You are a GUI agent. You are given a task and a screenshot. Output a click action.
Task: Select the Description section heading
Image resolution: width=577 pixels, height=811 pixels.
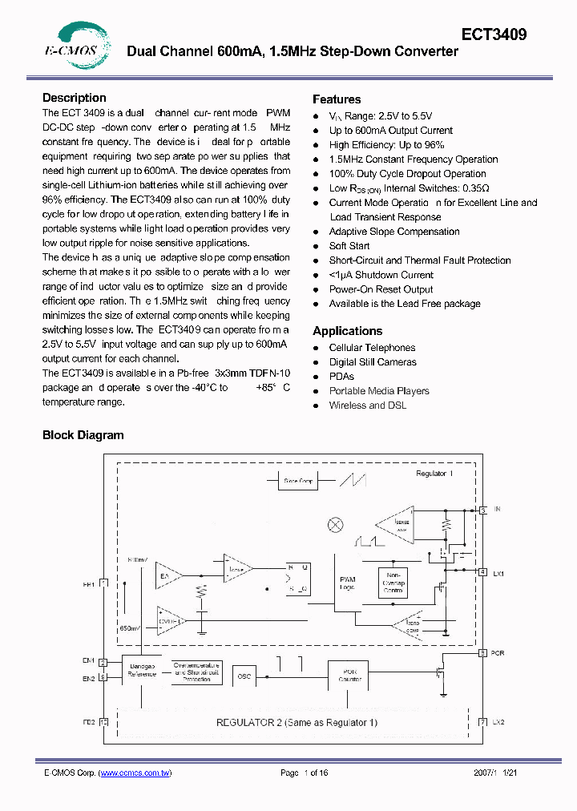tap(74, 98)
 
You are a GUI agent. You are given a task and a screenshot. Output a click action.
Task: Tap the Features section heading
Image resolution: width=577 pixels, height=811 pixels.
tap(337, 99)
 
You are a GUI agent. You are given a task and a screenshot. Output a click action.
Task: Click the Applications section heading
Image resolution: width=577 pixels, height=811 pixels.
tap(347, 331)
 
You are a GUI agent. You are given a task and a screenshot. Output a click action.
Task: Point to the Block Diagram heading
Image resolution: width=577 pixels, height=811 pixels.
tap(83, 435)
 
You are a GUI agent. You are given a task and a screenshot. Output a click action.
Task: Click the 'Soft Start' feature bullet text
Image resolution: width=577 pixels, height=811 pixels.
tap(349, 246)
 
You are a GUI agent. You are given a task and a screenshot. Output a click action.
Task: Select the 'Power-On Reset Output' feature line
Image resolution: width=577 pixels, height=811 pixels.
tap(381, 289)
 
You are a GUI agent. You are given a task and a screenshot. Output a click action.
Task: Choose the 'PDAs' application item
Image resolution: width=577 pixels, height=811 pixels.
tap(341, 377)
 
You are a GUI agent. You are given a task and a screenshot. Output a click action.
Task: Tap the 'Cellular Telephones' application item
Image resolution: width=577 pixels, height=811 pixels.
tap(372, 348)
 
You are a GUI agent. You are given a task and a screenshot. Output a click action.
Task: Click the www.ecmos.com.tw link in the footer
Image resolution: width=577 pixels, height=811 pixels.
tap(135, 773)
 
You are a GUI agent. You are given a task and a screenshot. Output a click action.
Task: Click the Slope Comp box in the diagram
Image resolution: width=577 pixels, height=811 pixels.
tap(298, 481)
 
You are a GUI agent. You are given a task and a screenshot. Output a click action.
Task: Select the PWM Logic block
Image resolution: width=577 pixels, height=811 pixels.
tap(347, 583)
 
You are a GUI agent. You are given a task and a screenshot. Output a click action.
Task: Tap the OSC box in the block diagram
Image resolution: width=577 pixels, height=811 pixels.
tap(244, 676)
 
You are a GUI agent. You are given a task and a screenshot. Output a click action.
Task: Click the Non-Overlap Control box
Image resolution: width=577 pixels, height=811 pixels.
tap(393, 583)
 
